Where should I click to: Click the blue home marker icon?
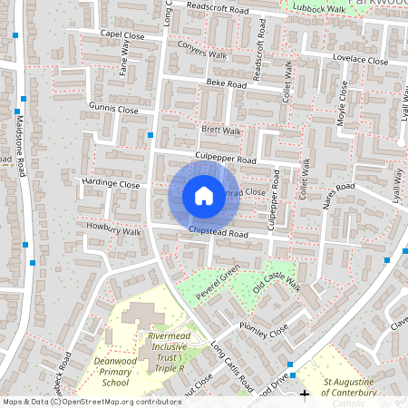pyautogui.click(x=204, y=196)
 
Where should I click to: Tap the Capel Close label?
pyautogui.click(x=122, y=34)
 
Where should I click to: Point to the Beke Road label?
pyautogui.click(x=226, y=83)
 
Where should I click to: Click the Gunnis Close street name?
pyautogui.click(x=113, y=109)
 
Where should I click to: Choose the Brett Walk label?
pyautogui.click(x=221, y=131)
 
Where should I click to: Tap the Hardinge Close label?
pyautogui.click(x=112, y=183)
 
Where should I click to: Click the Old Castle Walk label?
pyautogui.click(x=276, y=284)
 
